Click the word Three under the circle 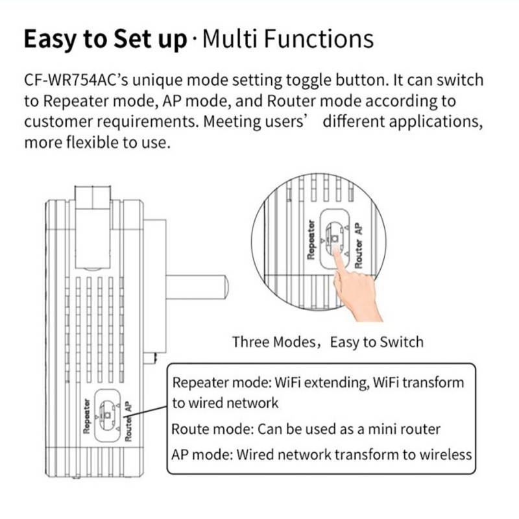point(252,342)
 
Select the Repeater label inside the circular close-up point(311,239)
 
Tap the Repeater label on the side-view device point(86,415)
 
